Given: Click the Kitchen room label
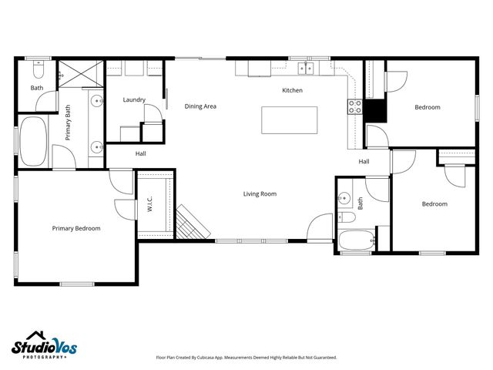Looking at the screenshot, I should [292, 91].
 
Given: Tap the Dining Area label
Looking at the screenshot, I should [200, 106].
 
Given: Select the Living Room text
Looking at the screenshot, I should [260, 194].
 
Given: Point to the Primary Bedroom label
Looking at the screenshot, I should [76, 228].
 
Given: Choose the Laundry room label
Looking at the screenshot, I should [135, 100].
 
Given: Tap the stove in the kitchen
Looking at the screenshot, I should [356, 107].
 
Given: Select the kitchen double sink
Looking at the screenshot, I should [307, 69].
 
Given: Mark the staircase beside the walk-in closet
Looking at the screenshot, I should [192, 224].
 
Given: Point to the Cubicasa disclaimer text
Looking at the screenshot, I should [246, 358].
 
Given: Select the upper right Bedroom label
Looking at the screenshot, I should [428, 107].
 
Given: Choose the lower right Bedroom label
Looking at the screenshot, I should [434, 204].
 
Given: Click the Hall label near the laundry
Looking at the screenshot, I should [141, 154].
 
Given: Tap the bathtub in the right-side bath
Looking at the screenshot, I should [357, 239].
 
